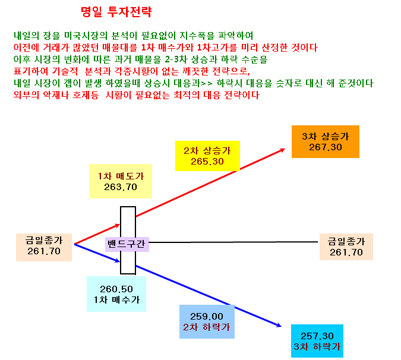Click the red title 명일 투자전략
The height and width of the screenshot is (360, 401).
(x=116, y=12)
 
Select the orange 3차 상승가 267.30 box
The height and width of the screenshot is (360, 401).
(x=326, y=141)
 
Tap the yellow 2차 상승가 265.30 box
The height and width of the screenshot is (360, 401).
(x=207, y=156)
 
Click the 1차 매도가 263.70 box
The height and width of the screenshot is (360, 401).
(x=121, y=181)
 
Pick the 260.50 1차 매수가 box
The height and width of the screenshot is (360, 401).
(x=116, y=294)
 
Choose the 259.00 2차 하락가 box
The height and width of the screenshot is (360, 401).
(x=207, y=321)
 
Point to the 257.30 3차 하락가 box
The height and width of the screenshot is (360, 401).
(x=317, y=341)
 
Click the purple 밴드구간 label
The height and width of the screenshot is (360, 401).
(x=127, y=244)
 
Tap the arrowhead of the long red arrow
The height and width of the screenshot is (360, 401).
(x=283, y=150)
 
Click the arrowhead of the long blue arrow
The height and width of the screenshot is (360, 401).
(x=279, y=326)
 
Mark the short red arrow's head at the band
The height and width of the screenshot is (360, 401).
(x=118, y=225)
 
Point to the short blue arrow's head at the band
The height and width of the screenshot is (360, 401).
(x=118, y=261)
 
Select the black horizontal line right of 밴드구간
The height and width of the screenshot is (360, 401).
(x=233, y=242)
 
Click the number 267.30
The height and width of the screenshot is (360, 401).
(x=326, y=147)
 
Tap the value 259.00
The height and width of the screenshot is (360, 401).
(x=207, y=317)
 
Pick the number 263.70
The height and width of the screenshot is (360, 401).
(x=121, y=187)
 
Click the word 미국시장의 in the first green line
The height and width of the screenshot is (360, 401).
(x=86, y=36)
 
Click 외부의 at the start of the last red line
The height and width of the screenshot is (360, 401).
(x=26, y=95)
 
